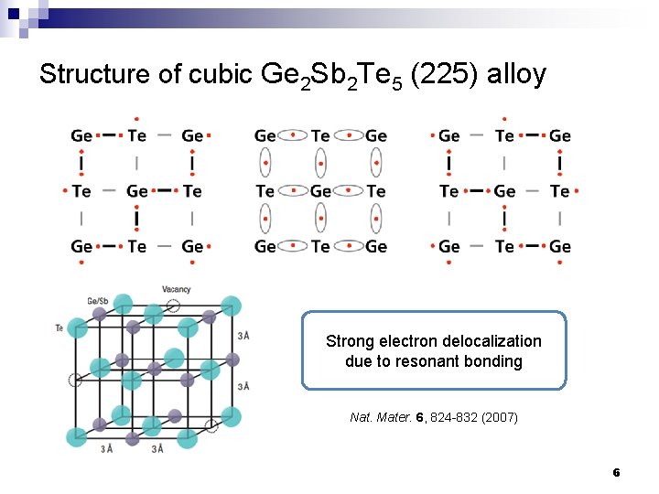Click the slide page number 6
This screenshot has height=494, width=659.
(x=616, y=472)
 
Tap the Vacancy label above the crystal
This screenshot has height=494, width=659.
(x=176, y=289)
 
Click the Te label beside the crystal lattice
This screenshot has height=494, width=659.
(x=59, y=327)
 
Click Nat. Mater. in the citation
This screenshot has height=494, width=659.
(x=380, y=417)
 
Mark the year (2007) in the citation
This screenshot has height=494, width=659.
(x=499, y=417)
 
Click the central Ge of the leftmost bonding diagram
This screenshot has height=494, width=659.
(x=137, y=191)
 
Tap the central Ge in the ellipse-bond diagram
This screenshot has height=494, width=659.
(x=320, y=191)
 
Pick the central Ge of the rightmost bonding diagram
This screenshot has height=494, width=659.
(x=504, y=191)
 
